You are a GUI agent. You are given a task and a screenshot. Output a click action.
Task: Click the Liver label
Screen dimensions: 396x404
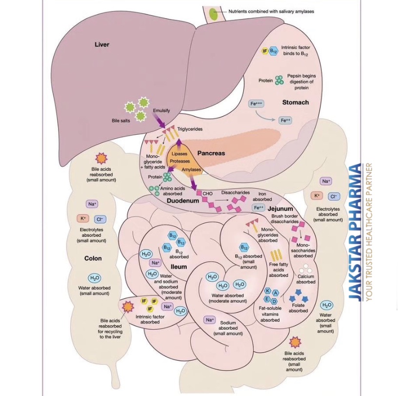pyautogui.click(x=102, y=44)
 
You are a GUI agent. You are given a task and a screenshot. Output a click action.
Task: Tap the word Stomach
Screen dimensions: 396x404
pyautogui.click(x=295, y=102)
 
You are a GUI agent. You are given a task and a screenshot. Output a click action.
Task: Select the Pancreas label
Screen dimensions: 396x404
pyautogui.click(x=211, y=153)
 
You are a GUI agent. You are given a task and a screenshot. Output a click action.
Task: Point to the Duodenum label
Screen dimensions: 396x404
pyautogui.click(x=182, y=201)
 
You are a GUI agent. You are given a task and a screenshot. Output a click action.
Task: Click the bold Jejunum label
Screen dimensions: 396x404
pyautogui.click(x=280, y=209)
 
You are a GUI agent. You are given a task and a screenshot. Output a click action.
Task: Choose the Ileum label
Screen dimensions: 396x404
pyautogui.click(x=179, y=267)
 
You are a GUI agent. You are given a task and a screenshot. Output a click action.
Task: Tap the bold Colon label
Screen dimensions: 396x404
pyautogui.click(x=93, y=258)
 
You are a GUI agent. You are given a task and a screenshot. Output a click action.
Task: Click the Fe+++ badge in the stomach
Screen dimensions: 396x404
pyautogui.click(x=256, y=104)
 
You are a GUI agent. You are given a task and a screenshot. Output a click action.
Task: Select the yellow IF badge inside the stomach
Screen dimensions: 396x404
pyautogui.click(x=265, y=51)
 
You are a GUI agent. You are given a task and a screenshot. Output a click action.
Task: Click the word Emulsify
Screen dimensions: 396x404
pyautogui.click(x=162, y=111)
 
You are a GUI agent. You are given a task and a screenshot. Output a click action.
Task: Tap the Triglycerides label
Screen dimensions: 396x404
pyautogui.click(x=190, y=129)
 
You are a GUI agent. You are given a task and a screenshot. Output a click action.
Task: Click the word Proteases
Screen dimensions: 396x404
pyautogui.click(x=180, y=161)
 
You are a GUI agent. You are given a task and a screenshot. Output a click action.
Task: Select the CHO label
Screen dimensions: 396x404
pyautogui.click(x=207, y=194)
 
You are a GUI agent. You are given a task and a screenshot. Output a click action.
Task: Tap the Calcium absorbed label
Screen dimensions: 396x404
pyautogui.click(x=305, y=279)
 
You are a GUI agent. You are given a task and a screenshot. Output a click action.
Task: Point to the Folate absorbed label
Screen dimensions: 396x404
pyautogui.click(x=298, y=308)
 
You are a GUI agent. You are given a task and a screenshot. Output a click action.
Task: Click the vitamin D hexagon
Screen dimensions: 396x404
pyautogui.click(x=274, y=301)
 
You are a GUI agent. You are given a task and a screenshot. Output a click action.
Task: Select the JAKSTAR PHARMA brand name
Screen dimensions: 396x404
pyautogui.click(x=355, y=232)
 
